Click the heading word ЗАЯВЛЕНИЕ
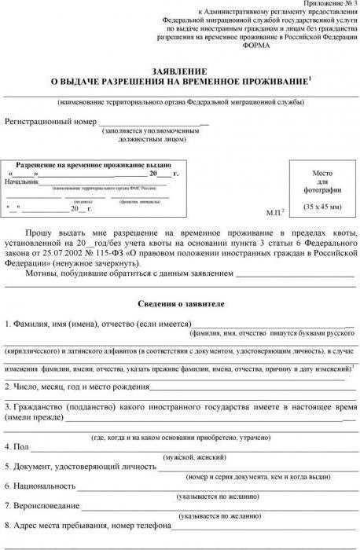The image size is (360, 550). tap(180, 68)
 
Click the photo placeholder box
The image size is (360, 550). tap(323, 189)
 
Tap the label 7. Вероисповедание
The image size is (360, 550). tap(42, 506)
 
